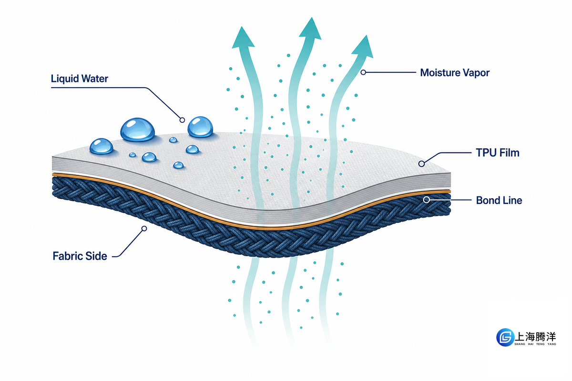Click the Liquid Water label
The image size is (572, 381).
[x=80, y=79]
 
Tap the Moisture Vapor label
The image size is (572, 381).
[x=455, y=73]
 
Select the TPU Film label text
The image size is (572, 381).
[x=498, y=153]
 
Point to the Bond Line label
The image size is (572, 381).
[x=499, y=201]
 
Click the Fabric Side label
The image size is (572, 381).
[x=80, y=256]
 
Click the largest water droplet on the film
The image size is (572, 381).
[x=137, y=130]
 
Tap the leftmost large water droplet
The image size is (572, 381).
[x=102, y=146]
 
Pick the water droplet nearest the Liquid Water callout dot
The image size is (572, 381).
[x=200, y=127]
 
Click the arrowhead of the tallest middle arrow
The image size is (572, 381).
[x=310, y=30]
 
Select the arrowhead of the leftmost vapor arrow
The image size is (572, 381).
[x=243, y=38]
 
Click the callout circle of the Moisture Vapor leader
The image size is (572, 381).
[x=363, y=72]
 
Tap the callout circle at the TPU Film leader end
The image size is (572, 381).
[x=421, y=164]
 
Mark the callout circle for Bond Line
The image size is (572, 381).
[x=426, y=200]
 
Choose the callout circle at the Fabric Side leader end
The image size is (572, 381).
[x=144, y=229]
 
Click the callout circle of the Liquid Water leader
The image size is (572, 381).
[x=182, y=120]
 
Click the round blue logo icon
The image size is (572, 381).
[x=505, y=337]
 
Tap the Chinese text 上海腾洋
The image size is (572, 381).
[x=535, y=337]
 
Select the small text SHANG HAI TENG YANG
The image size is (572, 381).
[x=535, y=344]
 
